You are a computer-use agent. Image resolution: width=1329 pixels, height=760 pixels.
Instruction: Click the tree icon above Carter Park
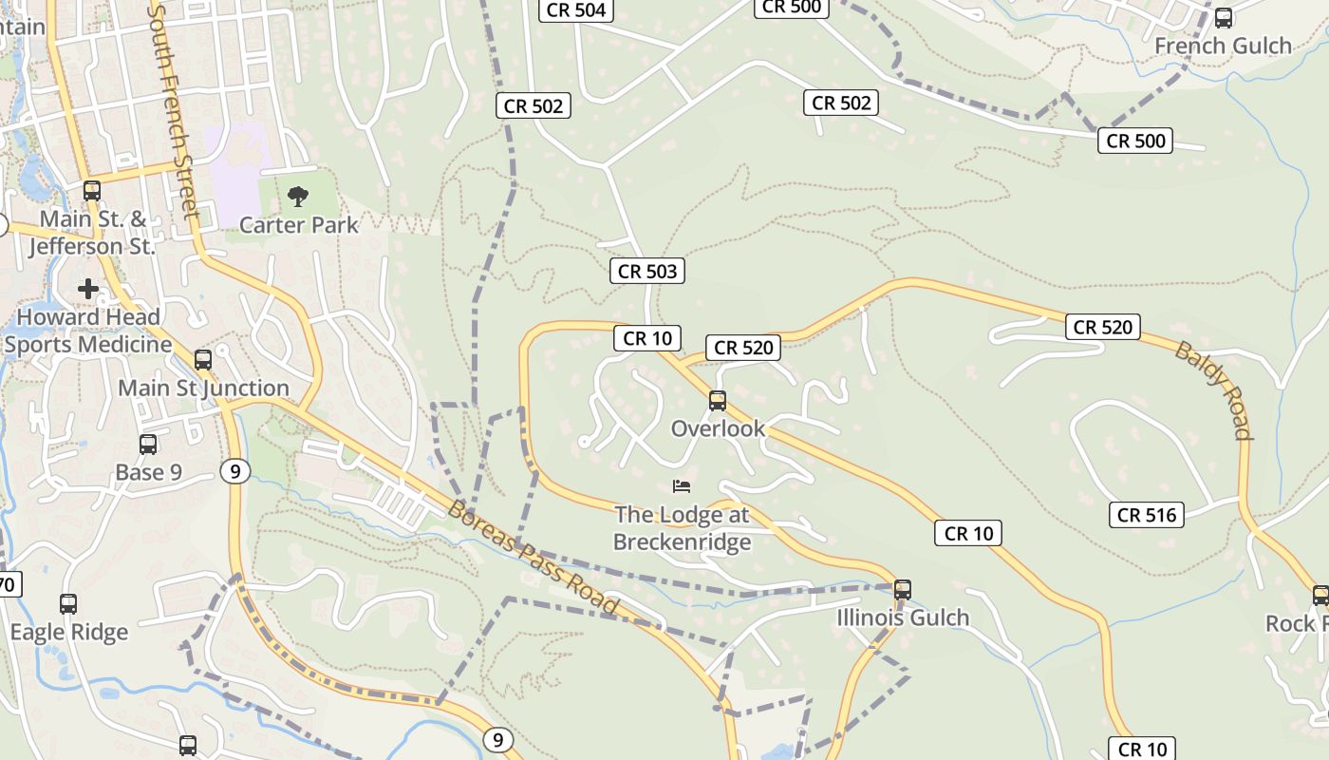[298, 197]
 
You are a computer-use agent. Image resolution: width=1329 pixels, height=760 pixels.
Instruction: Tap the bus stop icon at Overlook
[718, 401]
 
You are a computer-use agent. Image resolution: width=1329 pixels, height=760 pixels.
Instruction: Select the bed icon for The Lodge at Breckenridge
[682, 486]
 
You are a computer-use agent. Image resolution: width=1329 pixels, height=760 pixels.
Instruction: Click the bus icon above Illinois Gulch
[903, 589]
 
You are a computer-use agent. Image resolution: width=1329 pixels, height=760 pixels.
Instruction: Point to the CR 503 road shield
[647, 272]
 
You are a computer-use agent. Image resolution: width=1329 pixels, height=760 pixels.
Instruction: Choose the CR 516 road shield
[1147, 515]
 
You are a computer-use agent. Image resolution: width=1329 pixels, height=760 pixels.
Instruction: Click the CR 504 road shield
[576, 10]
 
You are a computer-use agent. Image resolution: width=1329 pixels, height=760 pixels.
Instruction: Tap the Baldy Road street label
[1214, 390]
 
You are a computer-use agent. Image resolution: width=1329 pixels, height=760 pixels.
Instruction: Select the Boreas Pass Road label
[533, 558]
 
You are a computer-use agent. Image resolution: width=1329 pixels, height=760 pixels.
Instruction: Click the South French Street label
[175, 109]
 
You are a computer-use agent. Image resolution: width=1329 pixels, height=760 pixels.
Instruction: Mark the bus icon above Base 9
[148, 445]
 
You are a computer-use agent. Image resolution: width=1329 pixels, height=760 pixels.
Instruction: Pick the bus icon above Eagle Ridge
[68, 604]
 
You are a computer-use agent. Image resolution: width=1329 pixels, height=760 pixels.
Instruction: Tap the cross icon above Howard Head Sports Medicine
[88, 288]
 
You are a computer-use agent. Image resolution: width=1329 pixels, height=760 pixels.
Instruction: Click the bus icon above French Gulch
[1224, 17]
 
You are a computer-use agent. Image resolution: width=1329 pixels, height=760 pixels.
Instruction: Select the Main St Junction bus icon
[203, 360]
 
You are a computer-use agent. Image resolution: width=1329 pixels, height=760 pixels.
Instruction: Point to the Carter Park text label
[299, 225]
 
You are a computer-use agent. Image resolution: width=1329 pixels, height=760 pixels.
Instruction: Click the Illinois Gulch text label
[903, 618]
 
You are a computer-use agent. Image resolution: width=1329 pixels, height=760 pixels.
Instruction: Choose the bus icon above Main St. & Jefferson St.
[92, 190]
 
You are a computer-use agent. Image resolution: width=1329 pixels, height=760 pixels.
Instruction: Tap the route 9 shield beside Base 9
[235, 470]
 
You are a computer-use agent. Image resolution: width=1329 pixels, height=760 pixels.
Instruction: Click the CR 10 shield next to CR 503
[647, 338]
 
